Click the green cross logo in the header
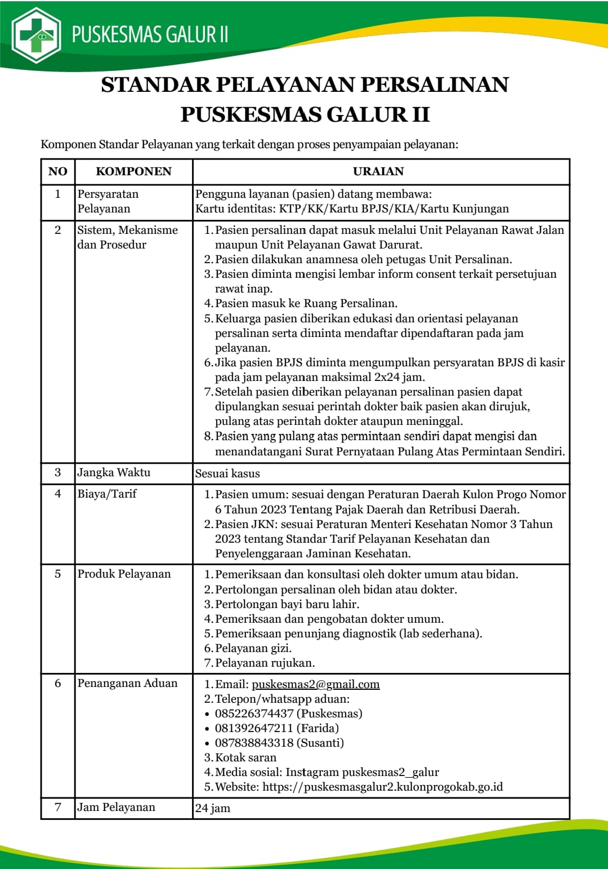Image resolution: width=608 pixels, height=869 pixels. click(x=37, y=36)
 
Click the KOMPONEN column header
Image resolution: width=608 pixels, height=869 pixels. click(x=133, y=171)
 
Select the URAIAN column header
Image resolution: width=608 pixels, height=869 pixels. click(x=378, y=171)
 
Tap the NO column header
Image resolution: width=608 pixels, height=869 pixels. click(x=57, y=171)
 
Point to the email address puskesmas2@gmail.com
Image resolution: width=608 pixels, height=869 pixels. click(x=315, y=684)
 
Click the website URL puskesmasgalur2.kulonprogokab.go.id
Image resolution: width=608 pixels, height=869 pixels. click(x=382, y=787)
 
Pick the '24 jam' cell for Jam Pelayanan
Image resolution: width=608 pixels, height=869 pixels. click(x=213, y=808)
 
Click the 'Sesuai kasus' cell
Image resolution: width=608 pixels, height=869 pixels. click(x=227, y=473)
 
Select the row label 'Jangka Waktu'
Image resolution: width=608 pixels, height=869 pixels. click(x=114, y=472)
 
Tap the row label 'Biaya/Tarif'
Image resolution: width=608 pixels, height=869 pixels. click(x=107, y=494)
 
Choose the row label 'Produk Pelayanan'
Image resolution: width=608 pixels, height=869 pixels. click(x=124, y=574)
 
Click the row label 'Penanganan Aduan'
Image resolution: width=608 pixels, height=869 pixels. click(x=127, y=683)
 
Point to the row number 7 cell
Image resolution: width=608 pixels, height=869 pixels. click(x=57, y=807)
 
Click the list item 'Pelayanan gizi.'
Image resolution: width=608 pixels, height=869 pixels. click(x=253, y=648)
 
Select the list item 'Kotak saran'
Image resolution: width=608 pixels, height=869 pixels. click(x=245, y=757)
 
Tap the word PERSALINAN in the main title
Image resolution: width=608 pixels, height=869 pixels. click(x=435, y=85)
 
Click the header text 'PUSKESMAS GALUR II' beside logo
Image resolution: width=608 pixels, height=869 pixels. click(x=150, y=34)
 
